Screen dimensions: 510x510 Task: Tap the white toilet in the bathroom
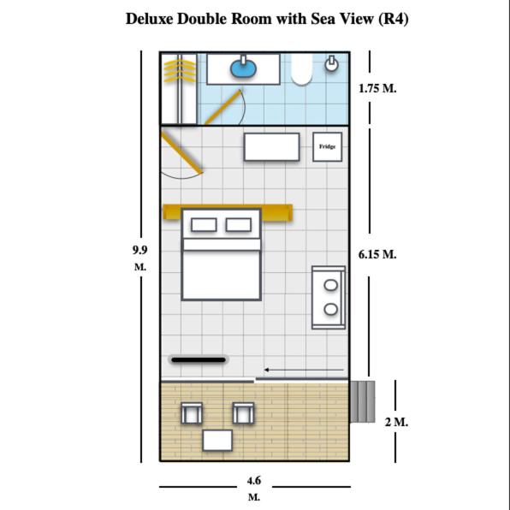point(301,69)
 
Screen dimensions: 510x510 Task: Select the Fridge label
point(327,146)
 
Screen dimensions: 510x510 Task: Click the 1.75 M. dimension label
point(377,88)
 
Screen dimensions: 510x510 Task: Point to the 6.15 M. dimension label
point(377,254)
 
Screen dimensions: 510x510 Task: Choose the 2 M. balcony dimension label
point(396,422)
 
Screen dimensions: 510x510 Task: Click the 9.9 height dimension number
point(139,250)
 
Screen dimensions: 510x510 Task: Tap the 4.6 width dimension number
point(253,480)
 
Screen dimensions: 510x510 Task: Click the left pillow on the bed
point(204,225)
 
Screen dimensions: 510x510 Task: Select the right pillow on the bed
point(239,225)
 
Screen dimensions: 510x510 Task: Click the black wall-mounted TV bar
point(199,359)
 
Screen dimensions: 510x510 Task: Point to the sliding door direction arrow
point(304,370)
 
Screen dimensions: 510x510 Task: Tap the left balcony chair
point(192,413)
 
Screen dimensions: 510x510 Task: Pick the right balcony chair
point(244,413)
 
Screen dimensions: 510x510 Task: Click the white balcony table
point(217,441)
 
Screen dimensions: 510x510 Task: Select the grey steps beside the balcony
point(362,401)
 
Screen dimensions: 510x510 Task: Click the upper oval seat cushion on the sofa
point(331,285)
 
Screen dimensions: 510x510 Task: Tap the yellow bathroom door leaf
point(224,107)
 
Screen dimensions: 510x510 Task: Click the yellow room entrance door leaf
point(181,151)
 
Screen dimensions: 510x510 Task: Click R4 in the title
point(394,19)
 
